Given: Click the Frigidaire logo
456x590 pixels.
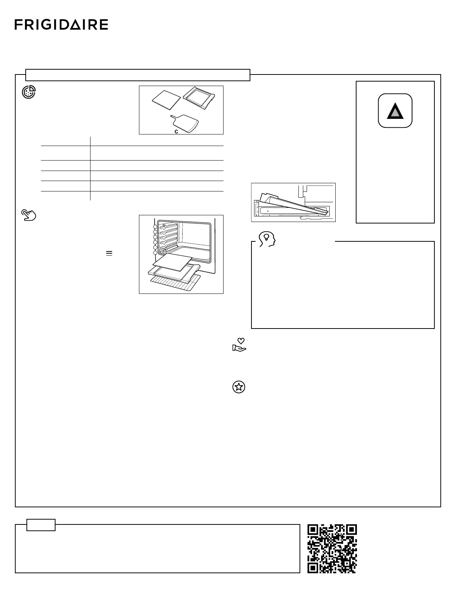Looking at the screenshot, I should pyautogui.click(x=61, y=25).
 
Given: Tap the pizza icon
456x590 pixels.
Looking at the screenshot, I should pyautogui.click(x=29, y=92).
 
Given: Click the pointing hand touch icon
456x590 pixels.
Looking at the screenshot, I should pyautogui.click(x=29, y=215).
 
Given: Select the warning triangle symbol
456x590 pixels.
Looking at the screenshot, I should pyautogui.click(x=395, y=111).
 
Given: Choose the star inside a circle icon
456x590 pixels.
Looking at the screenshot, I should pyautogui.click(x=239, y=387).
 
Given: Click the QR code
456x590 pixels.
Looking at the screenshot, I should pyautogui.click(x=332, y=548).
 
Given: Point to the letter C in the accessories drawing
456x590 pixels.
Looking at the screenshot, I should pyautogui.click(x=176, y=131).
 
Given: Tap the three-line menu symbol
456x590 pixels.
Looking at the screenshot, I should pyautogui.click(x=109, y=253).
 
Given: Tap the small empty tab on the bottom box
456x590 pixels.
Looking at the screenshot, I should pyautogui.click(x=41, y=525).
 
